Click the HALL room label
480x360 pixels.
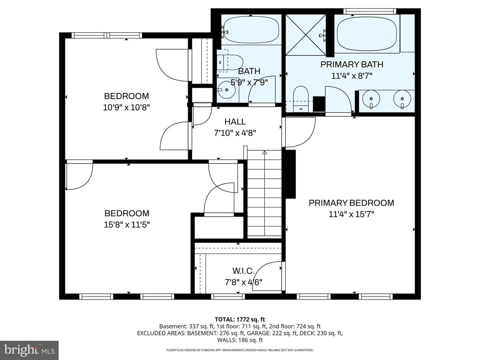coord(235,122)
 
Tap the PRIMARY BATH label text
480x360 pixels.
coord(352,64)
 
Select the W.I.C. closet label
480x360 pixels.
coord(243,271)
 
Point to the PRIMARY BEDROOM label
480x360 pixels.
coord(351,203)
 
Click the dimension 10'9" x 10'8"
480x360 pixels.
coord(126,108)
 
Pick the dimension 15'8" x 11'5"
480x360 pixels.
coord(127,225)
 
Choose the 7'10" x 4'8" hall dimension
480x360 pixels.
coord(235,133)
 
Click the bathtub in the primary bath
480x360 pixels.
coord(367,34)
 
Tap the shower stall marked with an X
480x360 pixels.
coord(306,35)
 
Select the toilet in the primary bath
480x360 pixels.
coord(301,99)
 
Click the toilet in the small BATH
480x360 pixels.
coord(230,62)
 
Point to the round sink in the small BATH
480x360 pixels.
coord(227,90)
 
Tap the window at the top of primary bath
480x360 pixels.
coord(370,11)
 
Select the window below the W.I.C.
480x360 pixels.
coord(228,297)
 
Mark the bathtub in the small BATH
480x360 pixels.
coord(251,30)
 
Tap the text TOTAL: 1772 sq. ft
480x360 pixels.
coord(240,319)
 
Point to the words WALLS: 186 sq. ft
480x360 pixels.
coord(240,340)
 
